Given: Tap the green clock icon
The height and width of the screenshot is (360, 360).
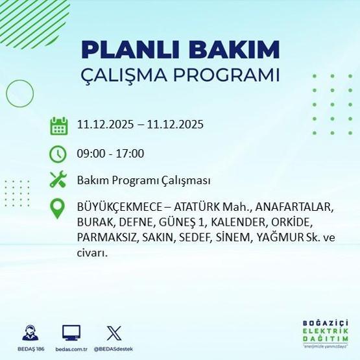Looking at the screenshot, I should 59,154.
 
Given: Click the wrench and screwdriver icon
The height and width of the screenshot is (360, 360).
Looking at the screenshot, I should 59,180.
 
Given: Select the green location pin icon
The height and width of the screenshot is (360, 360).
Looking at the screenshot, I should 59,209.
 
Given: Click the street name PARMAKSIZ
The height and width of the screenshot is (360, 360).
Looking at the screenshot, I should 106,238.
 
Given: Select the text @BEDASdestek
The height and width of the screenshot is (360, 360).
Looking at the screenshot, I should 114,349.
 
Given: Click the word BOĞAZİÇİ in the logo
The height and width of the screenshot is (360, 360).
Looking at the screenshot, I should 326,322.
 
